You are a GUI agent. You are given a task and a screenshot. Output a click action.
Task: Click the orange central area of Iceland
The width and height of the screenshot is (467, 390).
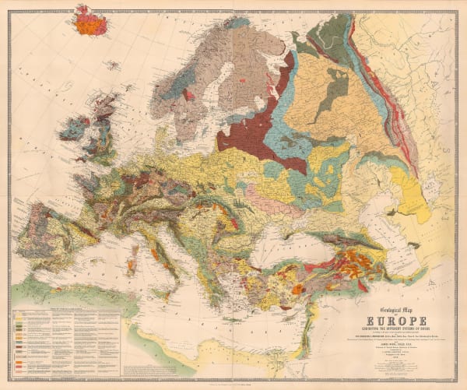(92, 23)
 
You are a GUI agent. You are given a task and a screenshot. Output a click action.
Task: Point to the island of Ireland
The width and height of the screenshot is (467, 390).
(72, 129)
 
